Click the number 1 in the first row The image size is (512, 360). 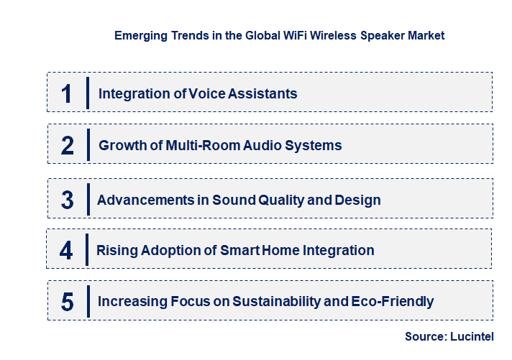(67, 93)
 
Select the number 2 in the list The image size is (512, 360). (68, 146)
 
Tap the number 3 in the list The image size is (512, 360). (67, 200)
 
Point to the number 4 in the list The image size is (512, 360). (67, 251)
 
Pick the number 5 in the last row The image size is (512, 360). (67, 302)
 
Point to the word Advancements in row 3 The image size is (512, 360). (145, 200)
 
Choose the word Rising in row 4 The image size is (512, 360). (117, 251)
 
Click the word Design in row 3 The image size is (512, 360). (357, 200)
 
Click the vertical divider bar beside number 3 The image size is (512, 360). (87, 198)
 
